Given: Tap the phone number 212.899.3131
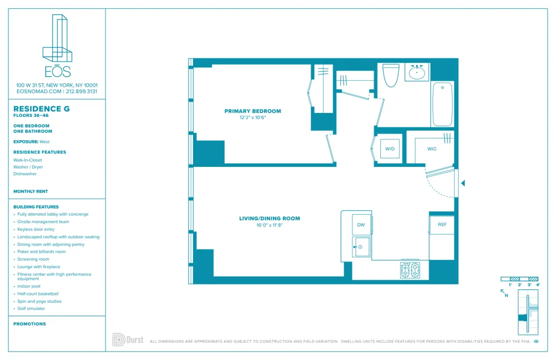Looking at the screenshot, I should (x=82, y=91).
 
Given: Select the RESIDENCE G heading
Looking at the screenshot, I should (x=42, y=109).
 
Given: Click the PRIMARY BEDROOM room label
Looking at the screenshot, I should (x=252, y=111).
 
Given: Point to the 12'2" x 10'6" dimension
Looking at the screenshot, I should (x=252, y=118).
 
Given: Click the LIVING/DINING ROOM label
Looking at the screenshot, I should (x=270, y=219).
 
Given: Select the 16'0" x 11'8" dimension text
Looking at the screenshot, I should (x=270, y=225).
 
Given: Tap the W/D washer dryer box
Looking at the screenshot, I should (x=390, y=149).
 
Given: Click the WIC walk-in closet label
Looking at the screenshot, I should (x=432, y=149).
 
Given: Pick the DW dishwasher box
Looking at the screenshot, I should (x=361, y=225).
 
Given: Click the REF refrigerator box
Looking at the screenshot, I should (x=442, y=225).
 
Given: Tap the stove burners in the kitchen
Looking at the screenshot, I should (x=410, y=270).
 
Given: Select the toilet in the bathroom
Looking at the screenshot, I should (x=391, y=75).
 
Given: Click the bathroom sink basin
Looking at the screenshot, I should (x=416, y=73).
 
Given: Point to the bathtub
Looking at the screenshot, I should (x=443, y=104).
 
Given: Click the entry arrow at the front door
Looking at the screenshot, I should (x=463, y=183).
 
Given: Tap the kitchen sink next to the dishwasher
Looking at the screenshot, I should (x=361, y=247).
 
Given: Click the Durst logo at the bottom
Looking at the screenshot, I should (x=128, y=339).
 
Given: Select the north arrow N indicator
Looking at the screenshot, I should (x=504, y=293).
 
